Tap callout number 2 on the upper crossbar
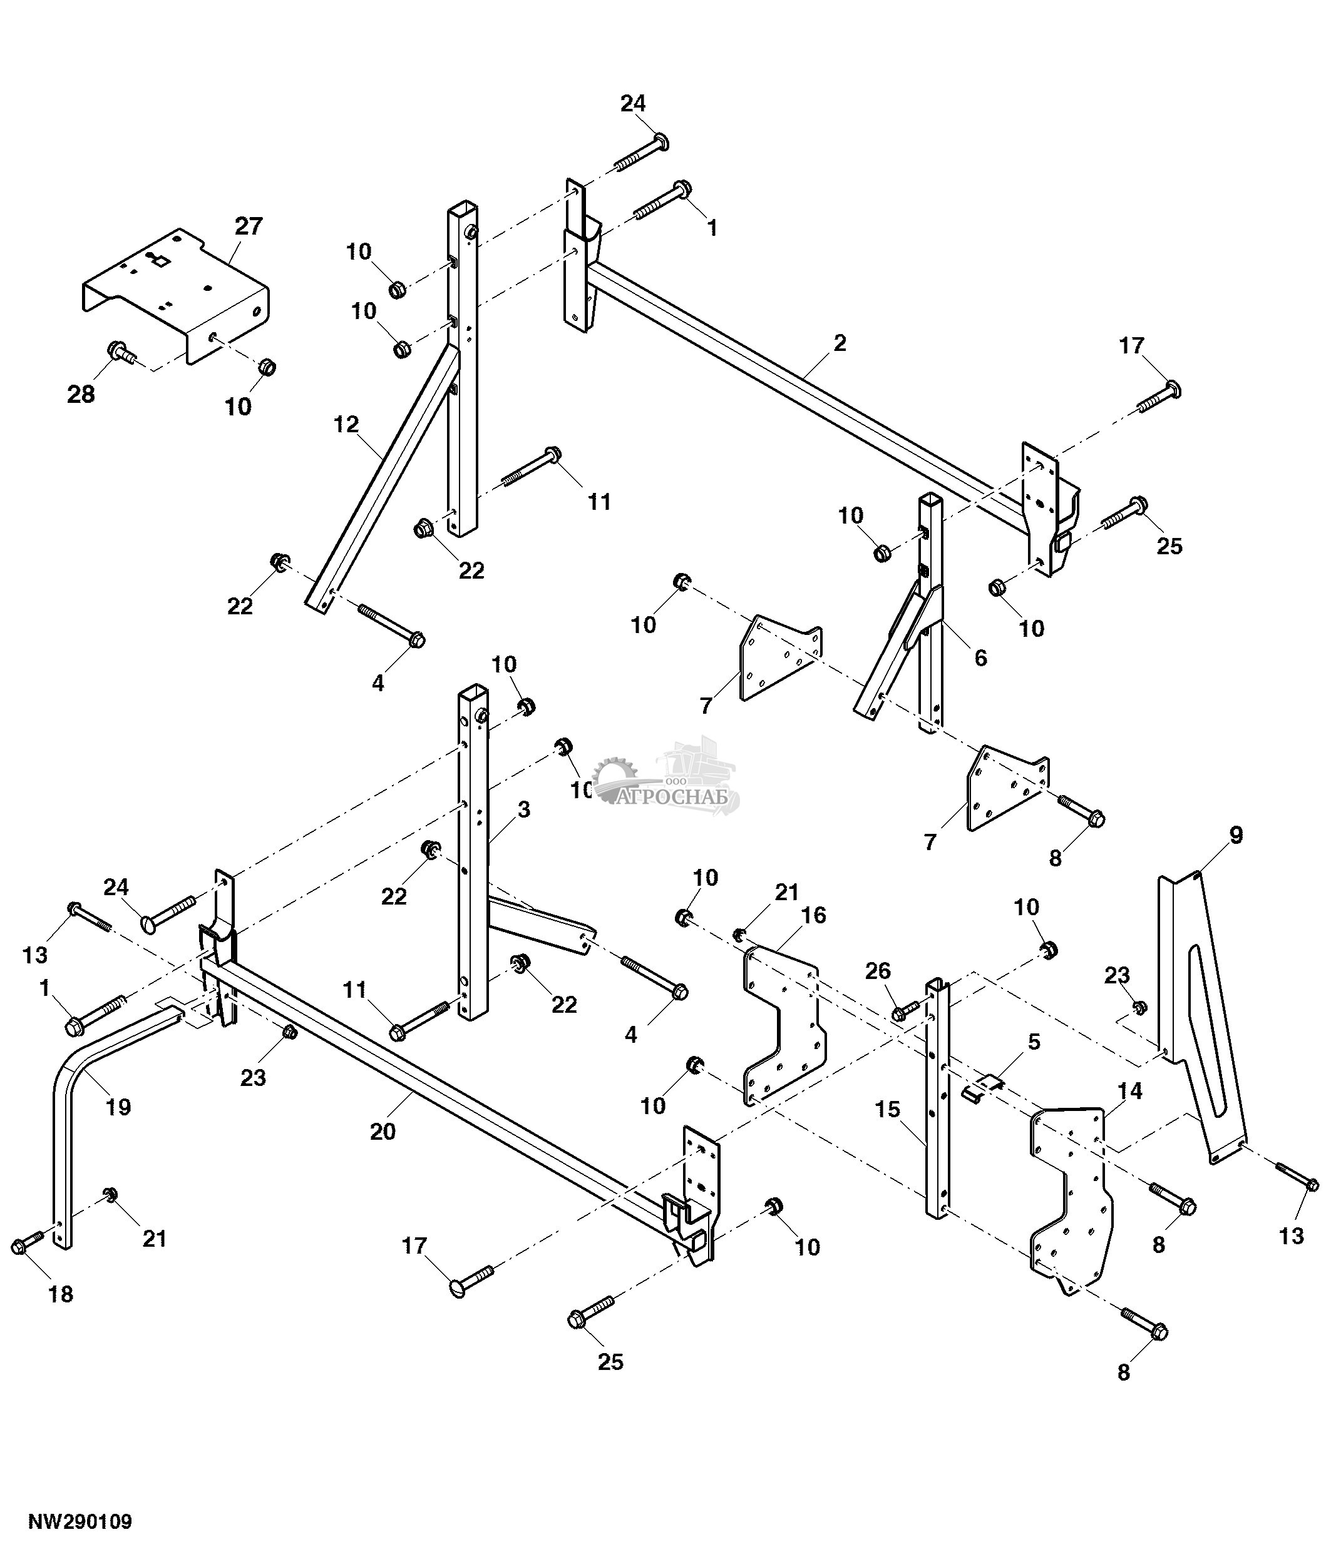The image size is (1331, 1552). (x=840, y=343)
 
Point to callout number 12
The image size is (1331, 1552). (x=346, y=425)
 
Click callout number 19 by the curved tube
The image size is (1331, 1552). (x=118, y=1107)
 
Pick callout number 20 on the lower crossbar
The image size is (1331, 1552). (x=383, y=1131)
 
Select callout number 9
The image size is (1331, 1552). (x=1236, y=834)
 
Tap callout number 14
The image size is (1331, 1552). (x=1130, y=1092)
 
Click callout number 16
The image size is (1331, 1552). (x=813, y=915)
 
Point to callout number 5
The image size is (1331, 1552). (x=1034, y=1042)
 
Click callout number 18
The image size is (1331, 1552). (x=61, y=1294)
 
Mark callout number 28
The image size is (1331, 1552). (x=81, y=394)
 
